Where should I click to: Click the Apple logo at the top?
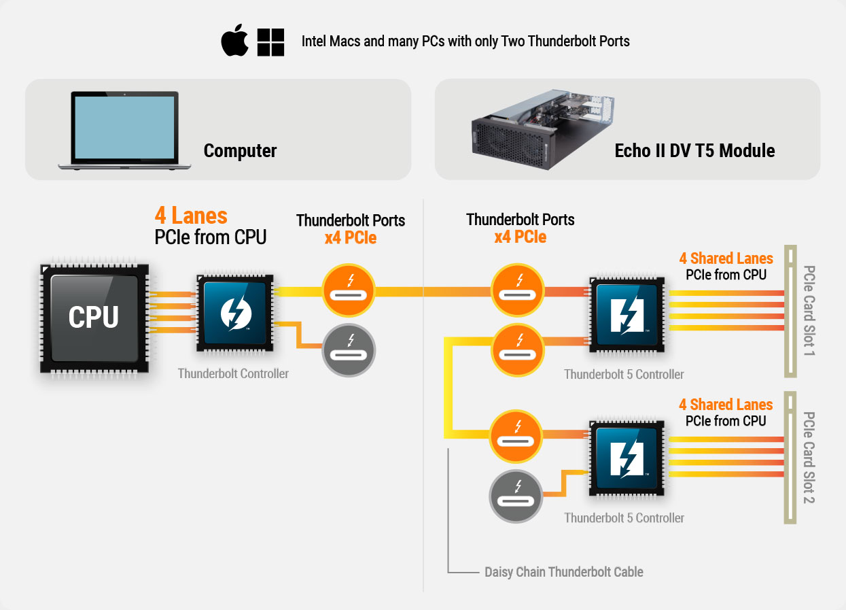(235, 41)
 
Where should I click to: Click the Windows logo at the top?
(270, 42)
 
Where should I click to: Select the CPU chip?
(94, 318)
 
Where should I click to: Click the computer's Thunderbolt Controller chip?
(234, 314)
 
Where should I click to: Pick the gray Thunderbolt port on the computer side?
(349, 351)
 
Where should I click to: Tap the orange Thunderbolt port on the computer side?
(349, 291)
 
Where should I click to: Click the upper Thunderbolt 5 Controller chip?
(627, 314)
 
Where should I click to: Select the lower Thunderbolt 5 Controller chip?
(627, 456)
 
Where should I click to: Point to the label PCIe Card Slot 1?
(809, 311)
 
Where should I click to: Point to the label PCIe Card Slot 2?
(809, 457)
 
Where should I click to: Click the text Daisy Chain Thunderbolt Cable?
(563, 572)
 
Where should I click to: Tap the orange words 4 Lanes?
(191, 216)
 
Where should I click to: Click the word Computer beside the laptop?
(240, 150)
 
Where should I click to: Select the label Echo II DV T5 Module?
(694, 150)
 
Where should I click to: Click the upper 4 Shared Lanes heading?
(726, 258)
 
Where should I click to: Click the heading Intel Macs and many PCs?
(465, 41)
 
